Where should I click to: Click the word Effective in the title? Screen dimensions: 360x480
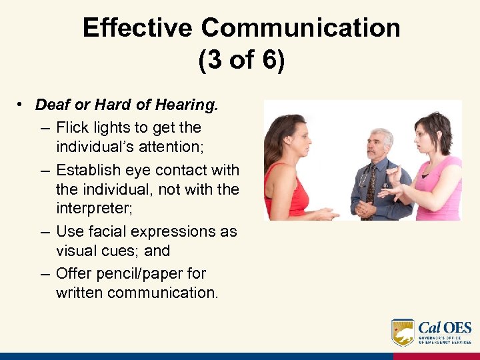click(x=138, y=28)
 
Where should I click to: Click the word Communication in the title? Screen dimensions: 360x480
click(x=301, y=28)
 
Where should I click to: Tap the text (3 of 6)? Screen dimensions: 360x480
click(x=241, y=60)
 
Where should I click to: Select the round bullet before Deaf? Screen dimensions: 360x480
click(x=21, y=105)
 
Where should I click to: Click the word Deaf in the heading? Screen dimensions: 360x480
click(x=51, y=105)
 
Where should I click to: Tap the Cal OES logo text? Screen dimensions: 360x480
click(x=444, y=328)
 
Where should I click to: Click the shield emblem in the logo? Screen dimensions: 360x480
click(x=403, y=331)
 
